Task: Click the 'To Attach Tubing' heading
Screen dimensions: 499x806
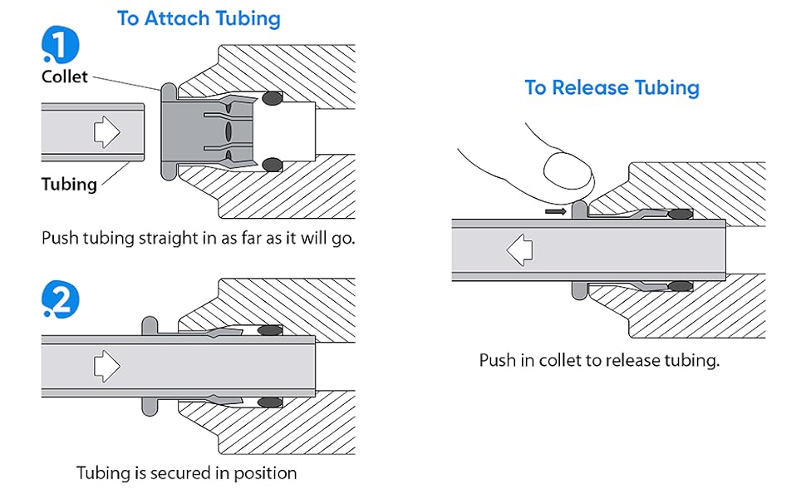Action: [x=199, y=18]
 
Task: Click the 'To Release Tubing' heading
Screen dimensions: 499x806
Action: [x=612, y=87]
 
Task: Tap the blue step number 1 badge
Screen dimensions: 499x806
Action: [x=61, y=43]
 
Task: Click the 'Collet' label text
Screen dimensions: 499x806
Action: [x=65, y=77]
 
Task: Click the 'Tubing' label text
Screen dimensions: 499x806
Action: [x=69, y=184]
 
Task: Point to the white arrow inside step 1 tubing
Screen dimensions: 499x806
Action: [x=106, y=132]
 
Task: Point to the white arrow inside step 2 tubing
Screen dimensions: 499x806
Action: [x=106, y=363]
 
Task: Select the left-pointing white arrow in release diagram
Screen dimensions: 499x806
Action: [x=520, y=249]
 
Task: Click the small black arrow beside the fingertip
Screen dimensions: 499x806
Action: [x=556, y=211]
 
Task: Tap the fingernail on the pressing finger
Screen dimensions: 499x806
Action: [x=568, y=173]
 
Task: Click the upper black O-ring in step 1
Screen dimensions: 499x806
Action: [x=271, y=99]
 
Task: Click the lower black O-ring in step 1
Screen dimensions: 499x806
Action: [x=271, y=165]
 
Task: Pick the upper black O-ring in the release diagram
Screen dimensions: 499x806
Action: [x=681, y=214]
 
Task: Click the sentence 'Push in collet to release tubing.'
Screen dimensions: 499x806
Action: [x=598, y=361]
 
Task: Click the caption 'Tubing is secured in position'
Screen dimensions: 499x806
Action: [x=186, y=473]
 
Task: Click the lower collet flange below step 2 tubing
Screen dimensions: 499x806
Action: [x=150, y=404]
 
